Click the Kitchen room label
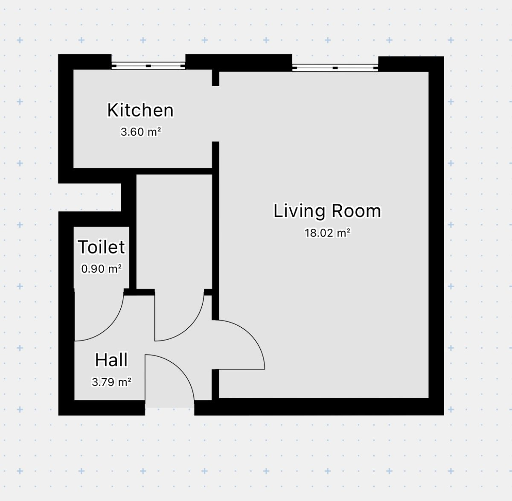[x=140, y=110]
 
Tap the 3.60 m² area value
[x=141, y=132]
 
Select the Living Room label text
[x=327, y=211]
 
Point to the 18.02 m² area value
[x=328, y=233]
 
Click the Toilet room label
[x=101, y=247]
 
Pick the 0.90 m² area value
[x=101, y=269]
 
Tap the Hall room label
[x=111, y=360]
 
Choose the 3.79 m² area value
[x=111, y=382]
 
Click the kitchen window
[x=148, y=66]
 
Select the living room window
[x=335, y=68]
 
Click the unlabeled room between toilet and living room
[x=174, y=232]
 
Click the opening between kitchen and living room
[x=216, y=114]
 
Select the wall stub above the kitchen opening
[x=216, y=78]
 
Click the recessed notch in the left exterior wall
[x=90, y=197]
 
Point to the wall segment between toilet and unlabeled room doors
[x=139, y=292]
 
